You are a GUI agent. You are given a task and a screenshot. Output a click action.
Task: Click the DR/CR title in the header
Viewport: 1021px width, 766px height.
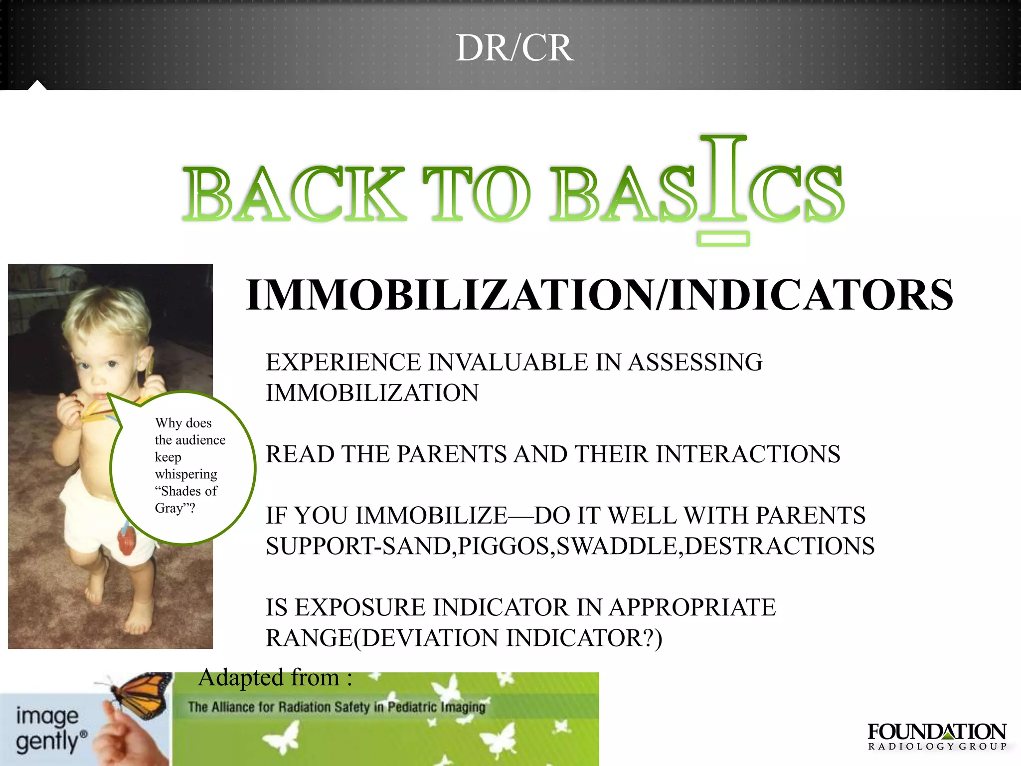(514, 48)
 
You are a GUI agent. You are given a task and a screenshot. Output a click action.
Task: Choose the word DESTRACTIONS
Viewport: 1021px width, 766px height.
(780, 546)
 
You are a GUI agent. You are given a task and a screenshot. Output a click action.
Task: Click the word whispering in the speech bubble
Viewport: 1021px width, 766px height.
(186, 474)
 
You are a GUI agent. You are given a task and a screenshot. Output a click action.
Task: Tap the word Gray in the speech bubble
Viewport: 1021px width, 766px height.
(170, 508)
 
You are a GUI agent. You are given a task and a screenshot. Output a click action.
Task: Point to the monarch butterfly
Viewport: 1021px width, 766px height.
(140, 693)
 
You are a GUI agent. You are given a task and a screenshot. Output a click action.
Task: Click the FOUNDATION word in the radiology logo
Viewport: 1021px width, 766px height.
(937, 732)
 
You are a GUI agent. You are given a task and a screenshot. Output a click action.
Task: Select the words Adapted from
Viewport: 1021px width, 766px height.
(269, 678)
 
